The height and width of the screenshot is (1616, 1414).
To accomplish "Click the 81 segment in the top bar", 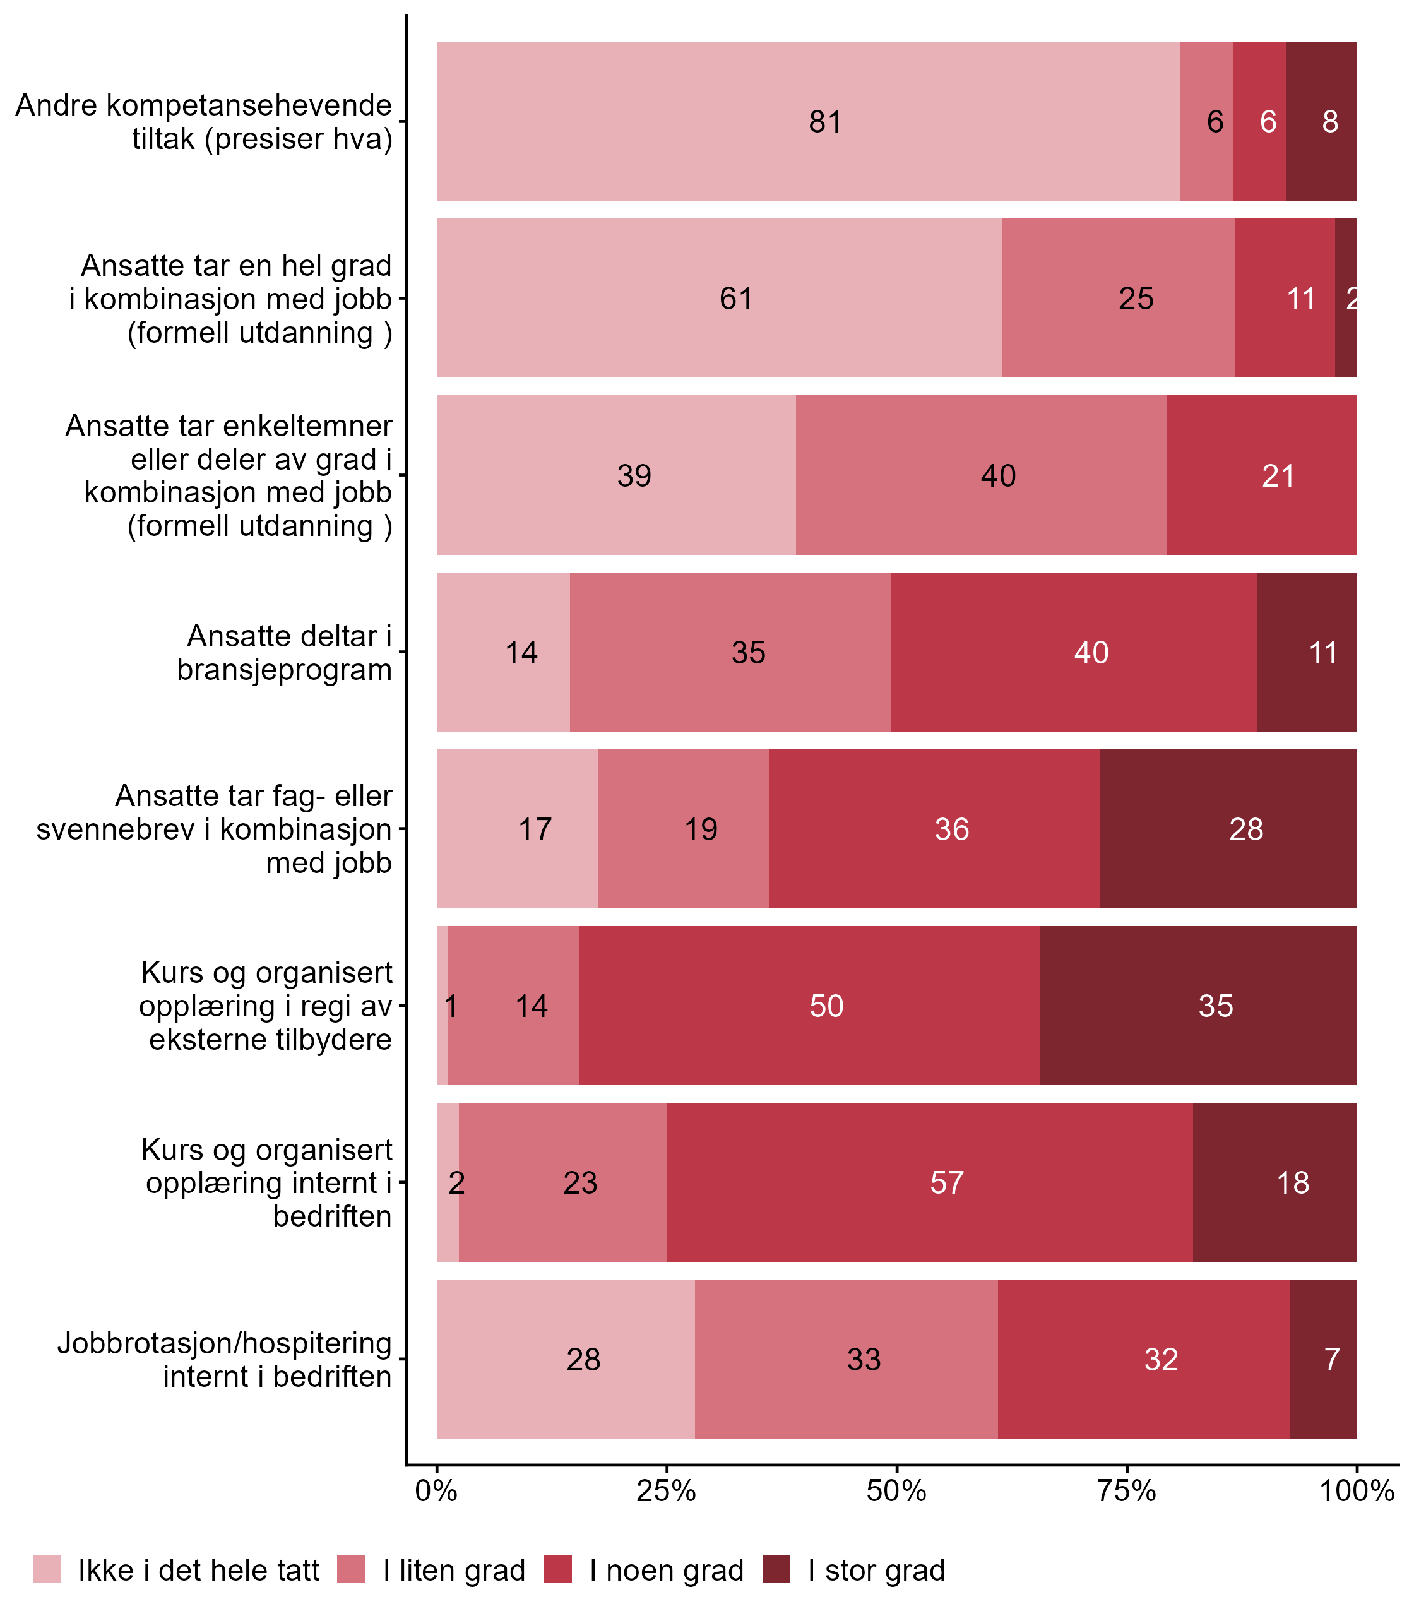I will tap(808, 121).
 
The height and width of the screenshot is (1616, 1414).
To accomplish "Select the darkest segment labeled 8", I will tap(1322, 121).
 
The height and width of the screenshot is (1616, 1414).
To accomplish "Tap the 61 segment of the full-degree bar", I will tap(719, 298).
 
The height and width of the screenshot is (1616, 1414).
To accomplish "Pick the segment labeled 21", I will tap(1261, 475).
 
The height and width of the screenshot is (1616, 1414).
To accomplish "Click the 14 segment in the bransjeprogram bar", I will tap(504, 651).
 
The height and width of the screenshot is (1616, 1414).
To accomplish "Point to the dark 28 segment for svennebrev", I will tap(1228, 828).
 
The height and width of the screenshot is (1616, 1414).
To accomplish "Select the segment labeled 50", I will tap(809, 1005).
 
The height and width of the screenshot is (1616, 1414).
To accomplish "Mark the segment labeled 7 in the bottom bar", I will tap(1323, 1358).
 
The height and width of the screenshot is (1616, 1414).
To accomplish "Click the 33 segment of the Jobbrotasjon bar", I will tap(846, 1358).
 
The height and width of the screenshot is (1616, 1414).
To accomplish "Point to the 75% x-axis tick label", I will tap(1127, 1490).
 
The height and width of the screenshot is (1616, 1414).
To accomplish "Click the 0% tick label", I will tap(436, 1490).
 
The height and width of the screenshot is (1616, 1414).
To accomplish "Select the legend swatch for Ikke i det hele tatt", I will tap(47, 1569).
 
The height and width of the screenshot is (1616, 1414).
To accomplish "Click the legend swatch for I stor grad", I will tap(776, 1569).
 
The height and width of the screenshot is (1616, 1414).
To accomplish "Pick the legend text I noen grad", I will tap(667, 1571).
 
